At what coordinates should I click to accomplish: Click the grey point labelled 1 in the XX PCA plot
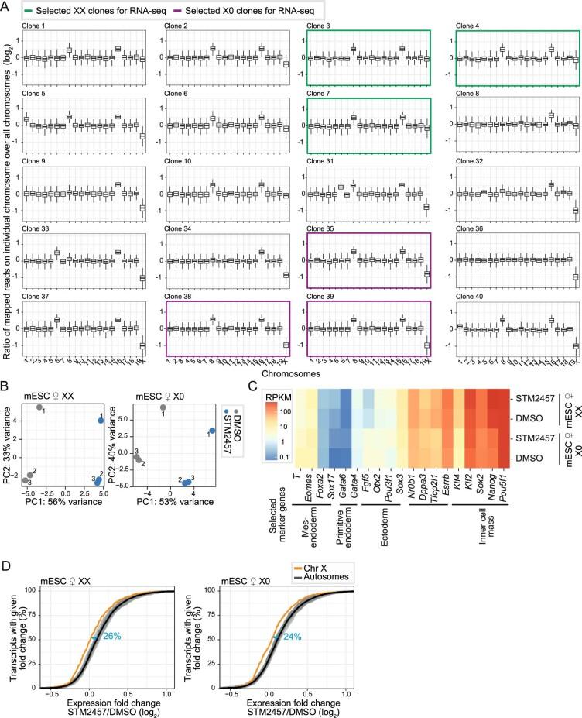click(39, 407)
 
